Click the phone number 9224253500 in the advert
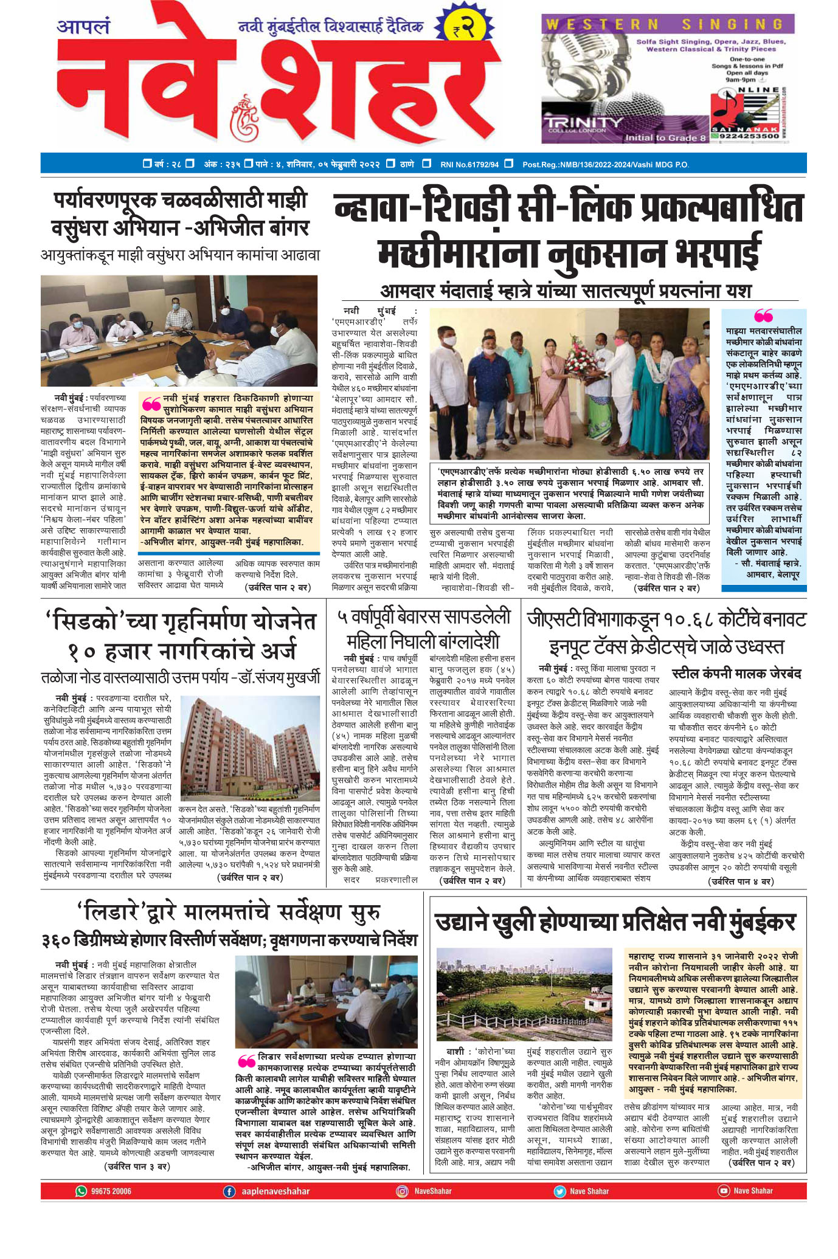[747, 136]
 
